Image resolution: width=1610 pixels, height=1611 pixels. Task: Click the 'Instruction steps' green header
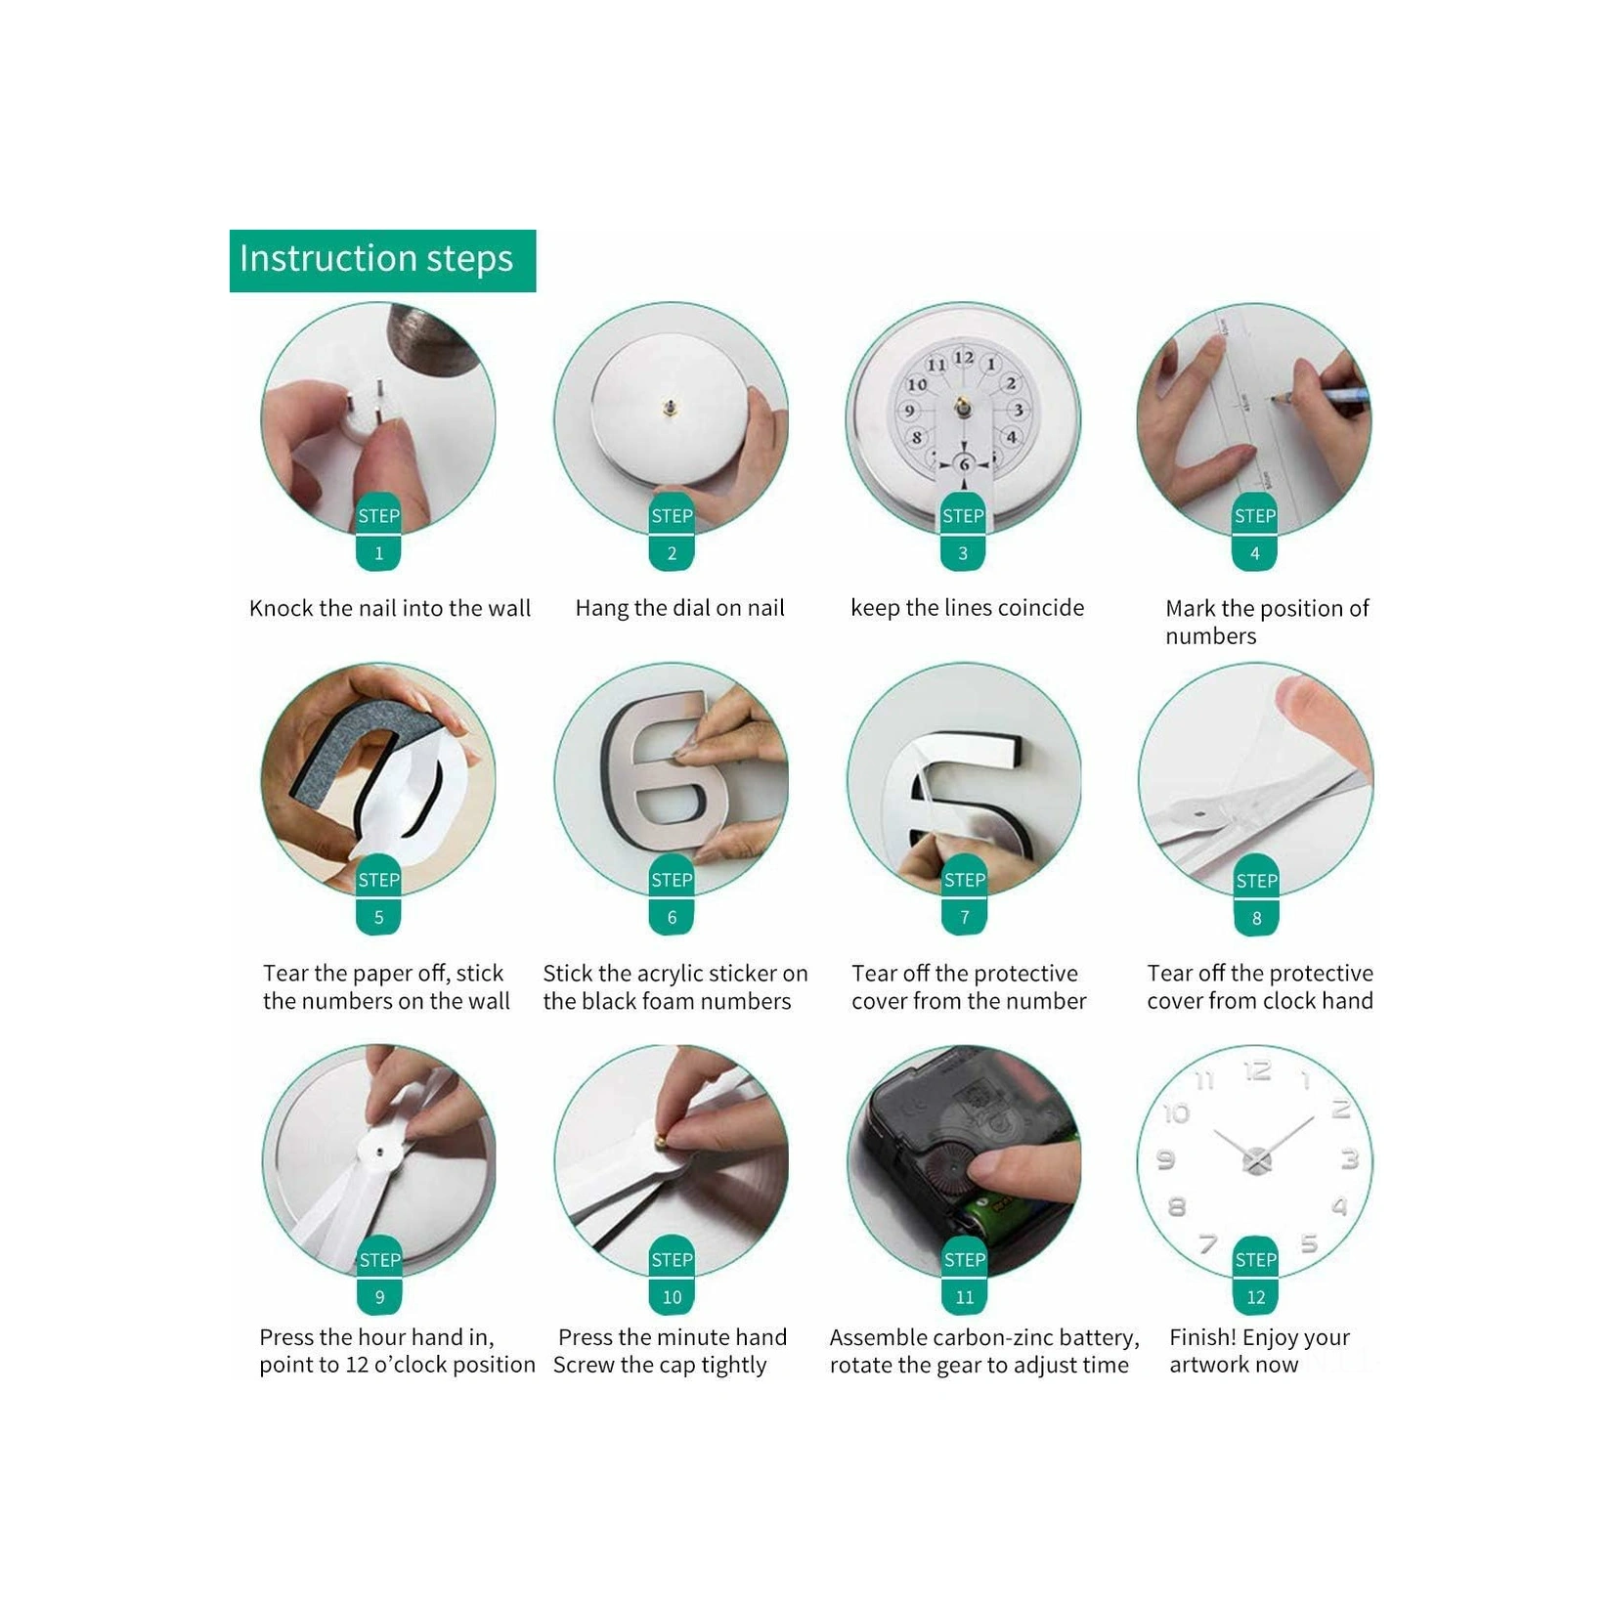click(382, 260)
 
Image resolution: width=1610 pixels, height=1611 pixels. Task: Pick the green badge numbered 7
click(964, 898)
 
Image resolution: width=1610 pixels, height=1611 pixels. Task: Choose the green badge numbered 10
click(672, 1279)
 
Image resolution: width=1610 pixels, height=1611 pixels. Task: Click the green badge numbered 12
click(1255, 1279)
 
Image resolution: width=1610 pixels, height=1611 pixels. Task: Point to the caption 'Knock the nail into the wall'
click(390, 608)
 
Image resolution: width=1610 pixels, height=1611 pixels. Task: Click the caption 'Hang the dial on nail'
click(679, 608)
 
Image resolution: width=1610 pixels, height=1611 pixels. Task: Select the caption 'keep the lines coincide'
click(967, 608)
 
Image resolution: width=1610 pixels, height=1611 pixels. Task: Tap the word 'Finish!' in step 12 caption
click(1201, 1337)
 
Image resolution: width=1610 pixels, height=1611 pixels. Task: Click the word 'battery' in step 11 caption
click(1099, 1338)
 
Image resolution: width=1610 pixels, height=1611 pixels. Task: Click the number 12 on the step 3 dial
click(963, 358)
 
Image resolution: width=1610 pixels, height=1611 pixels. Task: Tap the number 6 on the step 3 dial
click(964, 464)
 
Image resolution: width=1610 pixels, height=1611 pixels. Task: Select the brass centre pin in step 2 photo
click(671, 407)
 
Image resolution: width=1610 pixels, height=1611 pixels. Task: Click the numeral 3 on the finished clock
click(1350, 1160)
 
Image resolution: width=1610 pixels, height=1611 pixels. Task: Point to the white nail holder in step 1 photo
click(362, 413)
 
